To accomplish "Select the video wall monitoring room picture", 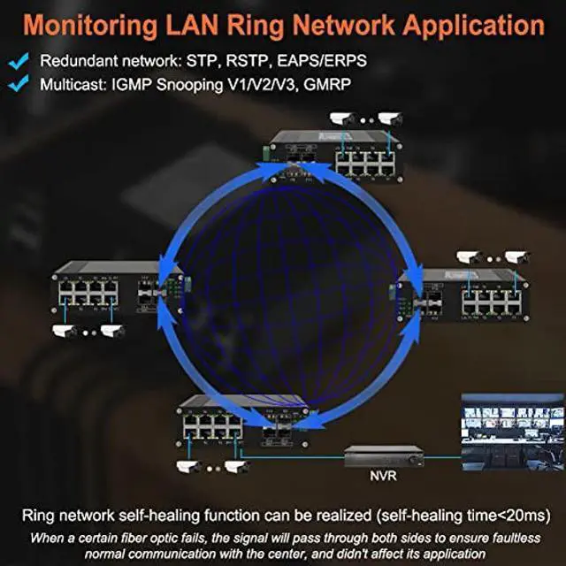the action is (511, 434).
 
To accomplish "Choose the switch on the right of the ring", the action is (463, 295).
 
